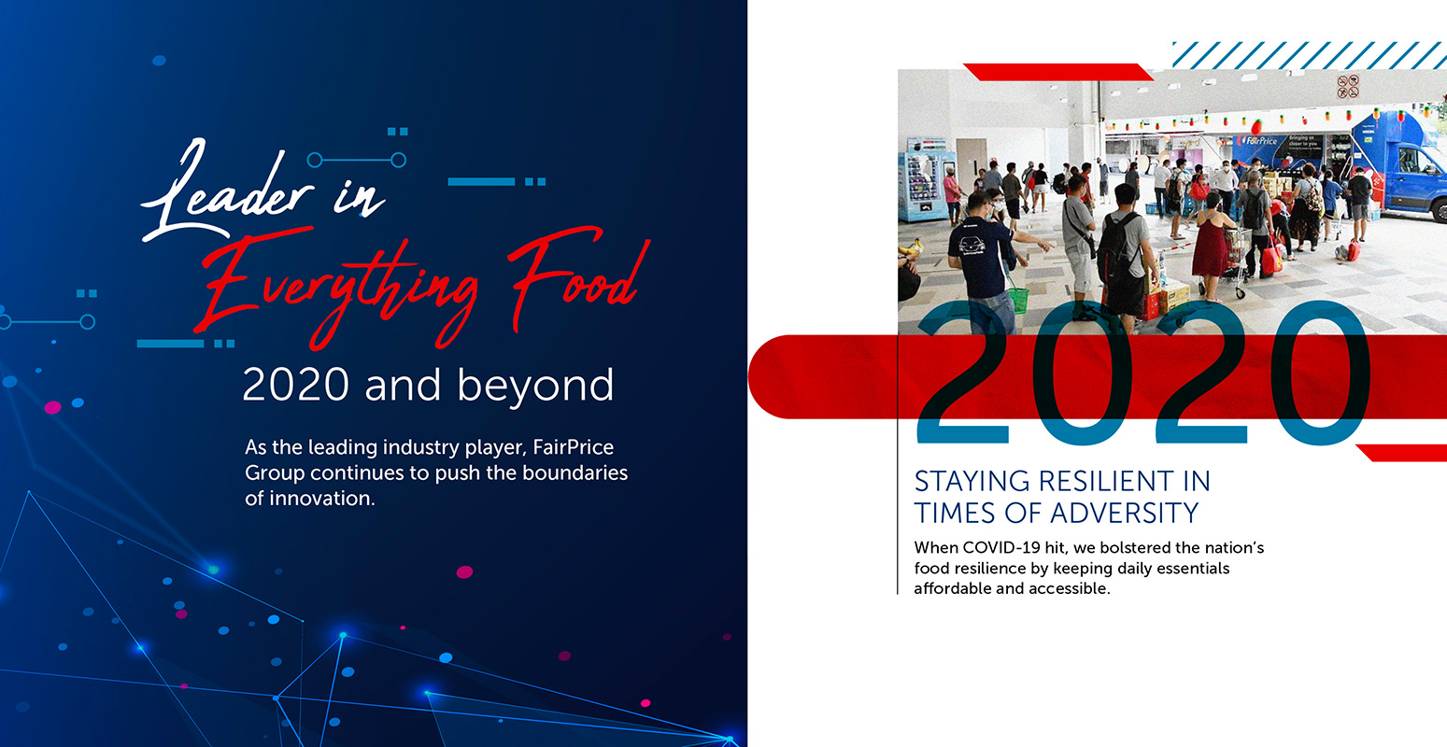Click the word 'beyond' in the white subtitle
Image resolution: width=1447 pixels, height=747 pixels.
(x=535, y=386)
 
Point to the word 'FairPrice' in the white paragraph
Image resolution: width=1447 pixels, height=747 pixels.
(x=573, y=446)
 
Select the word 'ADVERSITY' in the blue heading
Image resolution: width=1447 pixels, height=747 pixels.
(x=1124, y=514)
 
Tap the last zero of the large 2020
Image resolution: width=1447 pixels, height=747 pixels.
(x=1320, y=373)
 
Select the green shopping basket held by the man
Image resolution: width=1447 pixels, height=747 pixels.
(x=1018, y=300)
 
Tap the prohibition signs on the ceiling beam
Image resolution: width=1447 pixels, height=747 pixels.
(x=1348, y=87)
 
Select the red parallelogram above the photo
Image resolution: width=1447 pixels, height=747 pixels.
(x=1058, y=72)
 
